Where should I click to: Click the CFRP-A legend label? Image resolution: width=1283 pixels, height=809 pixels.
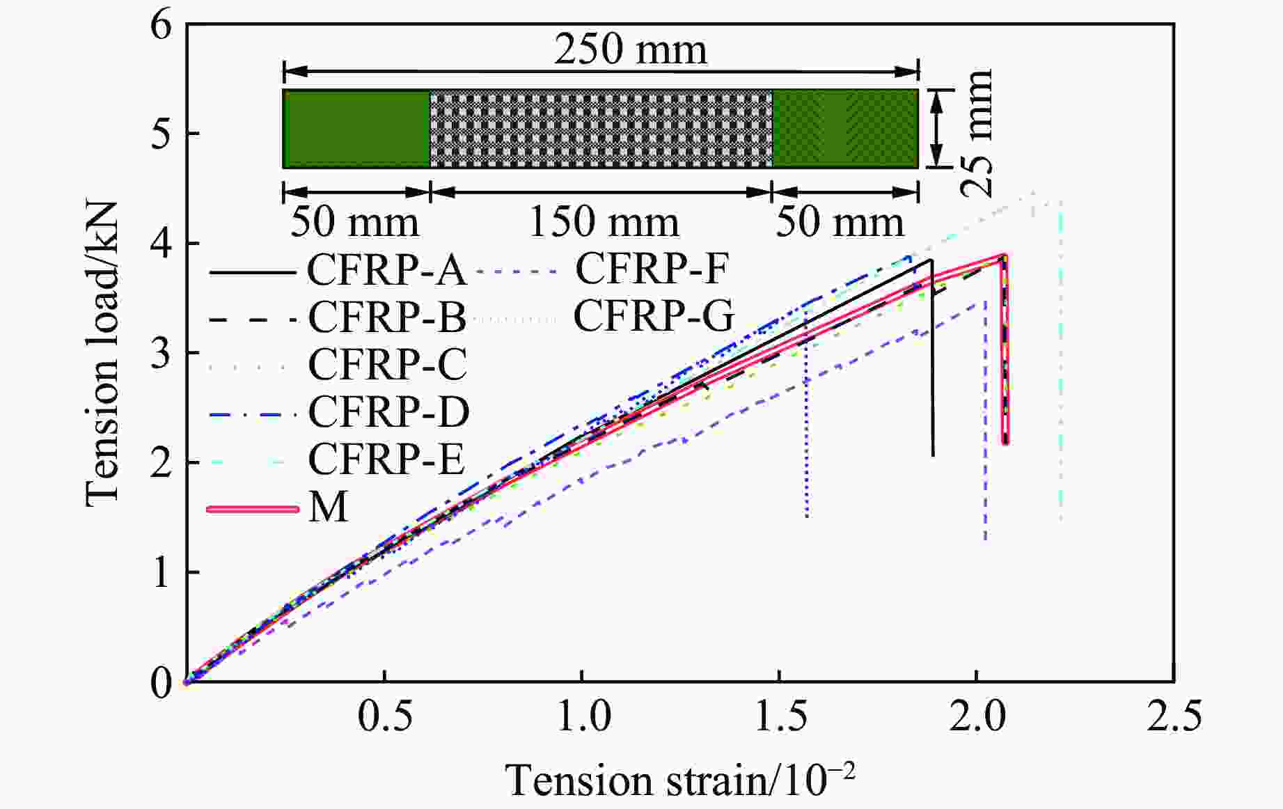click(x=386, y=270)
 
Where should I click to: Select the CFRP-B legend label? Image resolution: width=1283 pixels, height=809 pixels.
click(x=386, y=317)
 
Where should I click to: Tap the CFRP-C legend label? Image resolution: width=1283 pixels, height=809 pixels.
click(x=387, y=364)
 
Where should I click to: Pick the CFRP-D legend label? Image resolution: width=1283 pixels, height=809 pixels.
click(x=388, y=411)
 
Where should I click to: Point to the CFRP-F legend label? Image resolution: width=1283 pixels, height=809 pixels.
click(x=652, y=269)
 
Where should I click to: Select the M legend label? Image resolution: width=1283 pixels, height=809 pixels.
click(x=328, y=508)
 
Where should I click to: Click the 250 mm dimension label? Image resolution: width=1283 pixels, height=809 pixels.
click(x=630, y=50)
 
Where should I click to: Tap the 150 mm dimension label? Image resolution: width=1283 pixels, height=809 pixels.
click(x=604, y=223)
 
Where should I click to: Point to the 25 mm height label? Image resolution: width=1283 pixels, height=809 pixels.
click(x=979, y=132)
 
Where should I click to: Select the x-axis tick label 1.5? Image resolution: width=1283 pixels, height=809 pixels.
click(x=780, y=716)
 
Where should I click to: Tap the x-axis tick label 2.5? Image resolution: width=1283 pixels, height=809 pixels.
click(x=1174, y=716)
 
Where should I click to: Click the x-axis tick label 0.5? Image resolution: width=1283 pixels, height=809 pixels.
click(x=384, y=716)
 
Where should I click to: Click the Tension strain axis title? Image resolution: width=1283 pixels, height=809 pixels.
click(x=680, y=780)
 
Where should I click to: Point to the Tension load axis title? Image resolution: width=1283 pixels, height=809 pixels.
click(x=102, y=354)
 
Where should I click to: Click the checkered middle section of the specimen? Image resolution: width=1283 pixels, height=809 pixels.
click(x=601, y=129)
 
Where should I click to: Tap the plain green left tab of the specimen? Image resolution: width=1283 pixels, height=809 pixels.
click(x=356, y=129)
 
